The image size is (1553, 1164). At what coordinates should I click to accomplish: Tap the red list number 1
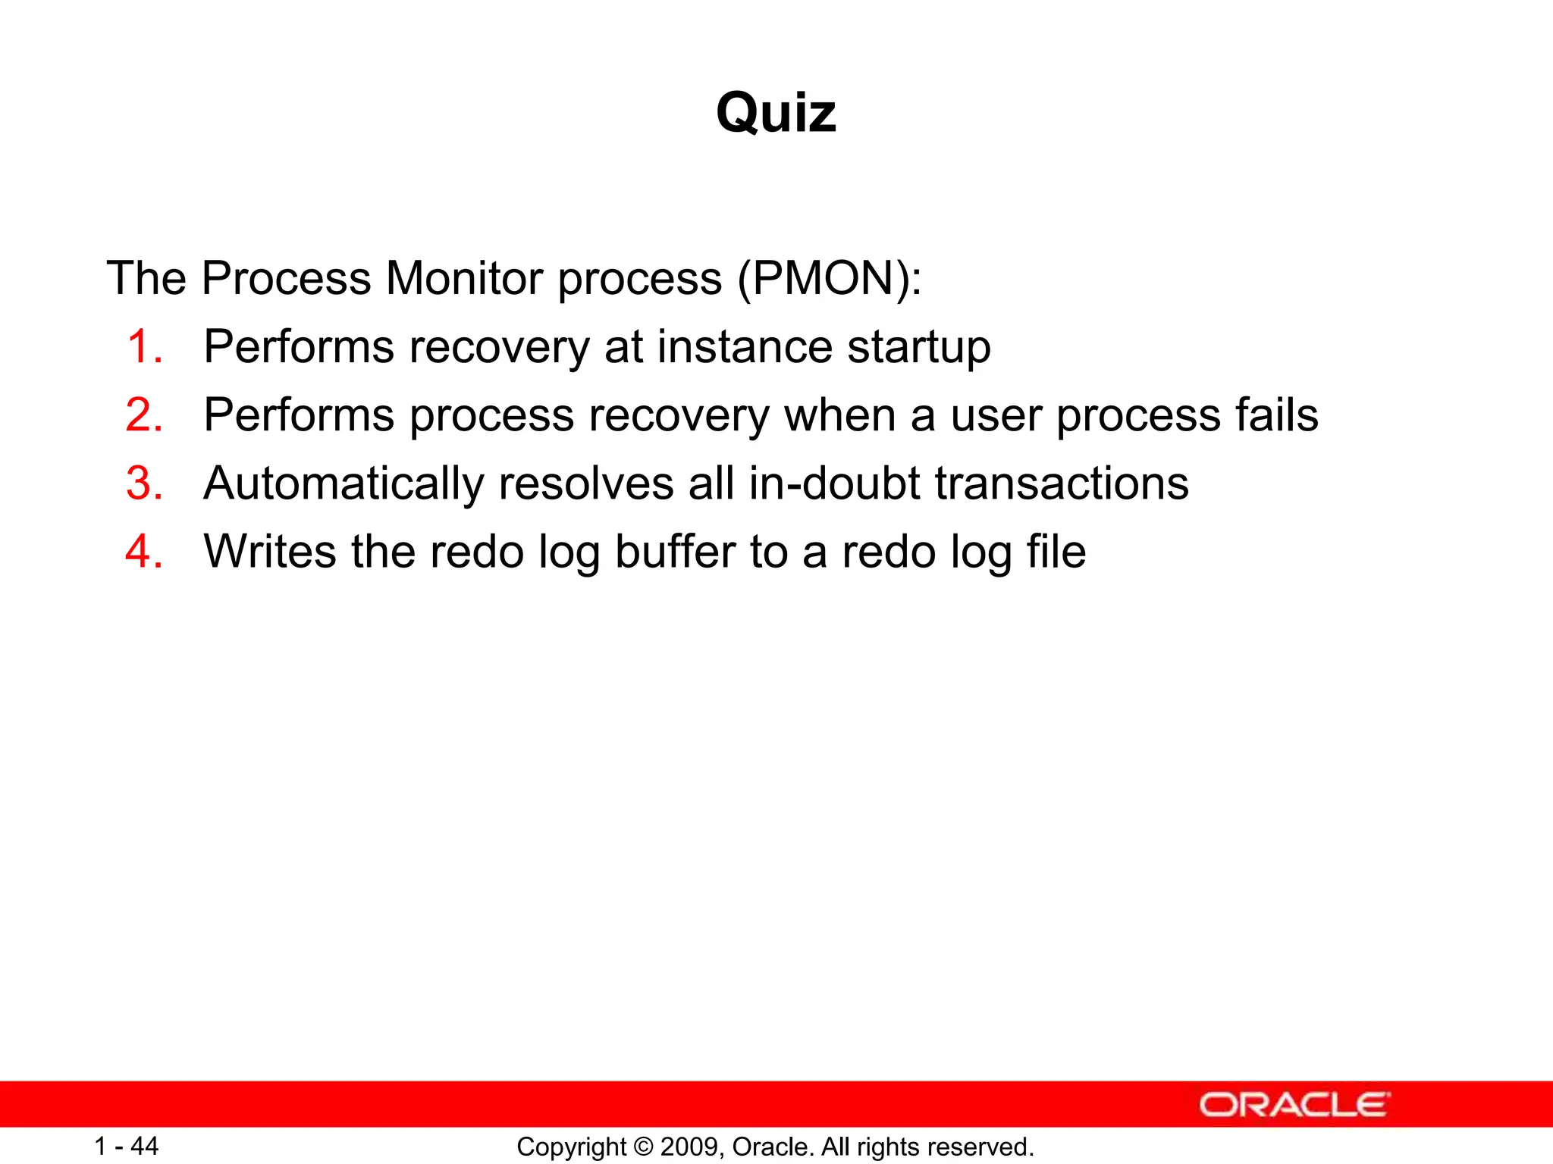pyautogui.click(x=144, y=347)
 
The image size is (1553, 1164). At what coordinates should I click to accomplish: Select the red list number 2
pyautogui.click(x=144, y=415)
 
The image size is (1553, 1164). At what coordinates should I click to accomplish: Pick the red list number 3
pyautogui.click(x=144, y=483)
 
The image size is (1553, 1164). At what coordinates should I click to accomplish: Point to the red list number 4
pyautogui.click(x=144, y=552)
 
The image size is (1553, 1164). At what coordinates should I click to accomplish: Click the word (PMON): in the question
pyautogui.click(x=830, y=279)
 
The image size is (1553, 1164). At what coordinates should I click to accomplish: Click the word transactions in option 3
pyautogui.click(x=1062, y=483)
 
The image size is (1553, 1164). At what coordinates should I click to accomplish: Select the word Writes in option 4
pyautogui.click(x=270, y=552)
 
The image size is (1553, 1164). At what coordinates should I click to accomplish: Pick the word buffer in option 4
pyautogui.click(x=675, y=552)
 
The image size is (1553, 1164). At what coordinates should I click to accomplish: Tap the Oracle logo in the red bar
pyautogui.click(x=1294, y=1105)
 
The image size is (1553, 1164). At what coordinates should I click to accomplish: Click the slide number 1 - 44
pyautogui.click(x=126, y=1147)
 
